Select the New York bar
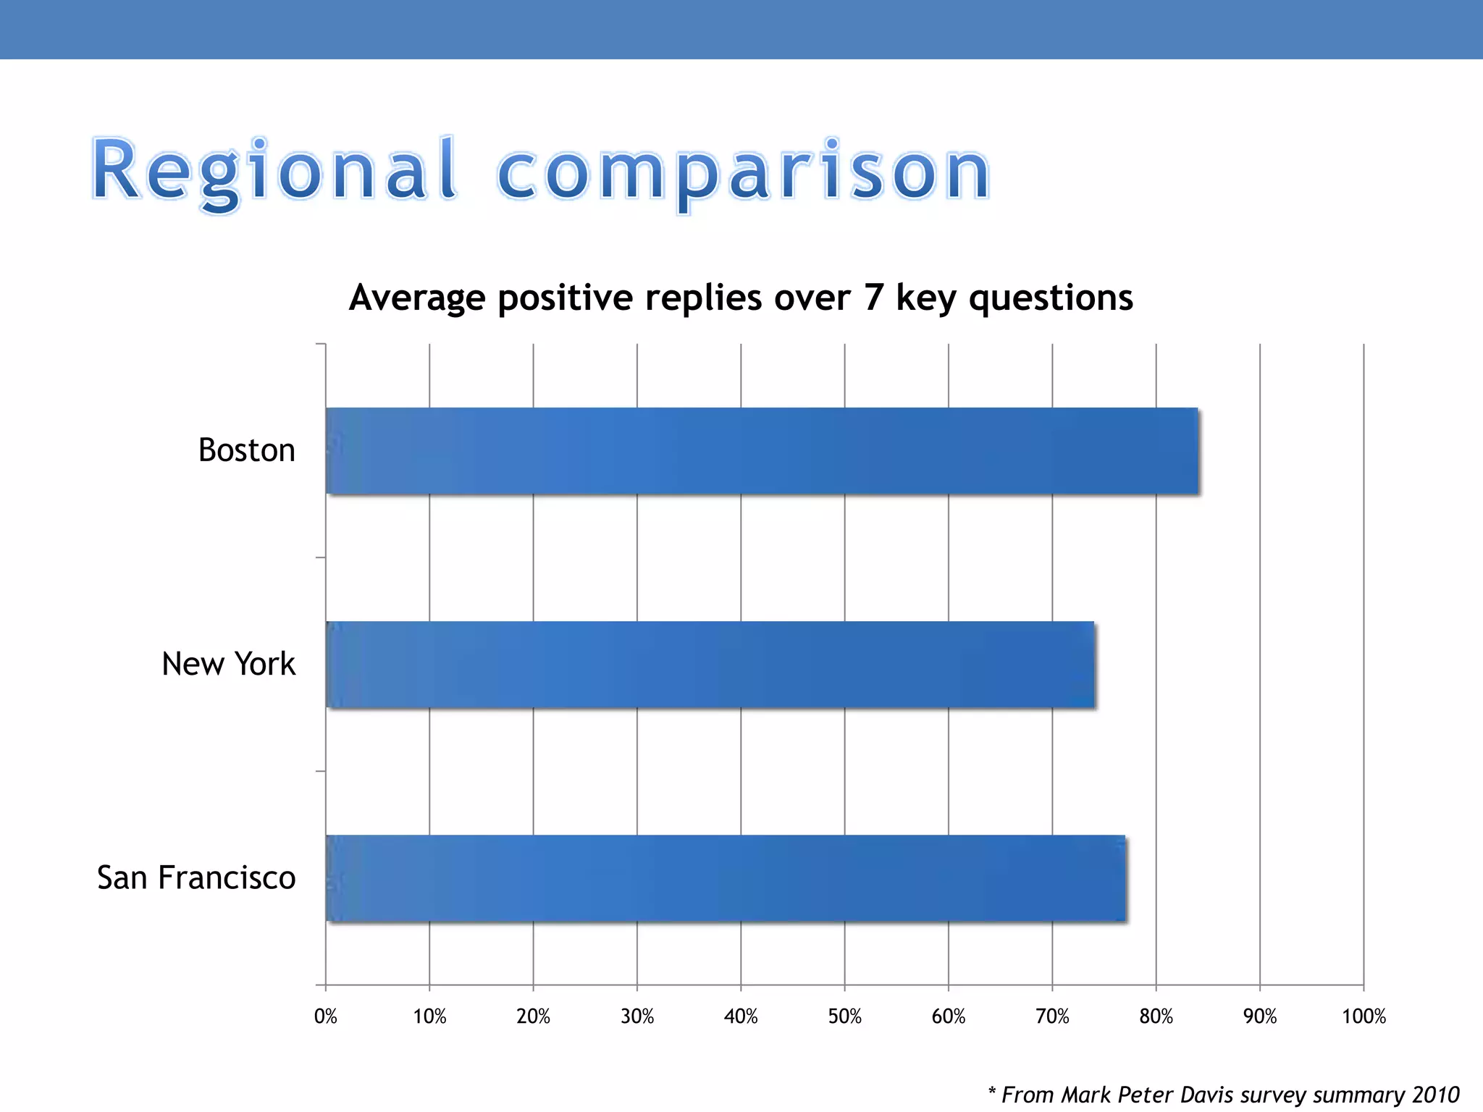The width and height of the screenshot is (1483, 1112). pyautogui.click(x=710, y=665)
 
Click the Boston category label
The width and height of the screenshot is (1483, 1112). pyautogui.click(x=247, y=450)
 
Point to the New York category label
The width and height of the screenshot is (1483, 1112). pyautogui.click(x=228, y=664)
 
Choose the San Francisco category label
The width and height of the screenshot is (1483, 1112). pyautogui.click(x=196, y=877)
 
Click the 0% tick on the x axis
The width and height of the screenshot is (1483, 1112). pyautogui.click(x=326, y=1016)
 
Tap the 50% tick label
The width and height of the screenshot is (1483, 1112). pyautogui.click(x=844, y=1016)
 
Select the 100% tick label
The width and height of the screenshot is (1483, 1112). pyautogui.click(x=1364, y=1016)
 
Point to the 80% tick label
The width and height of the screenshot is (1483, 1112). pyautogui.click(x=1156, y=1016)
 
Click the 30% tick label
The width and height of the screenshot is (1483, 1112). pyautogui.click(x=637, y=1016)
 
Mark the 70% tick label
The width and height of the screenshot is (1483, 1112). pyautogui.click(x=1052, y=1016)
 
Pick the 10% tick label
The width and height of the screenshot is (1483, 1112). pyautogui.click(x=429, y=1016)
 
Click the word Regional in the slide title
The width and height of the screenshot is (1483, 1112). pyautogui.click(x=274, y=172)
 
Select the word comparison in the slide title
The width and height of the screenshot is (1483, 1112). pyautogui.click(x=743, y=172)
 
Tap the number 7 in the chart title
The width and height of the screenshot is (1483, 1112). pyautogui.click(x=873, y=298)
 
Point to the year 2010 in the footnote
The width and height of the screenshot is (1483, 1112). pyautogui.click(x=1436, y=1095)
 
